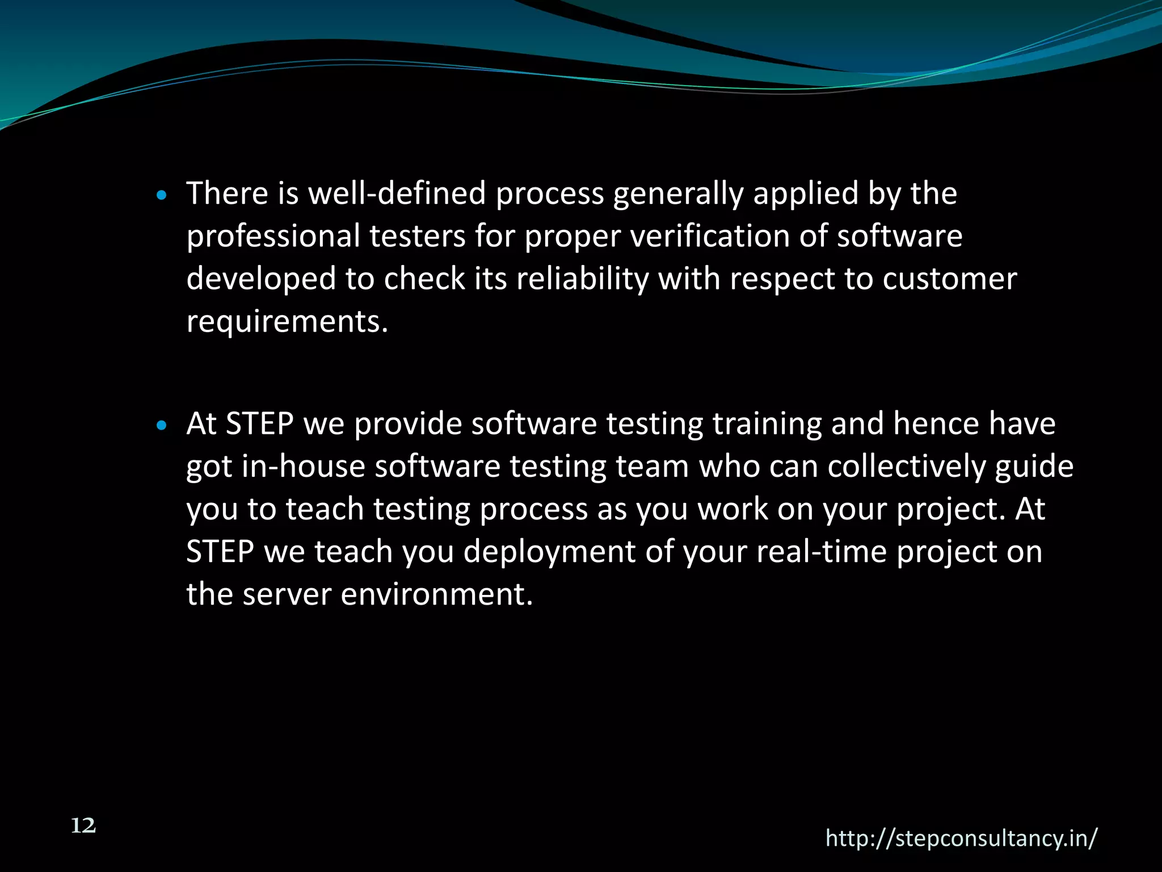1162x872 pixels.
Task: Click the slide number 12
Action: coord(83,826)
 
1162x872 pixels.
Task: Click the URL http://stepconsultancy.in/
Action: coord(961,839)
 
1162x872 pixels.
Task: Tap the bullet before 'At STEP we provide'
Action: coord(162,426)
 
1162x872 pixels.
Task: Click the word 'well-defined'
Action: coord(397,194)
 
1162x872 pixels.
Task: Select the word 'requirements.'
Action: coord(287,322)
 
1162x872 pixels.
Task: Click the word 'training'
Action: coord(767,425)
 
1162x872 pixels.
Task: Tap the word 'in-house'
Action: coord(303,467)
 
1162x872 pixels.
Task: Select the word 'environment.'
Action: coord(437,594)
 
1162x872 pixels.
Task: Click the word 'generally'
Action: coord(678,194)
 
